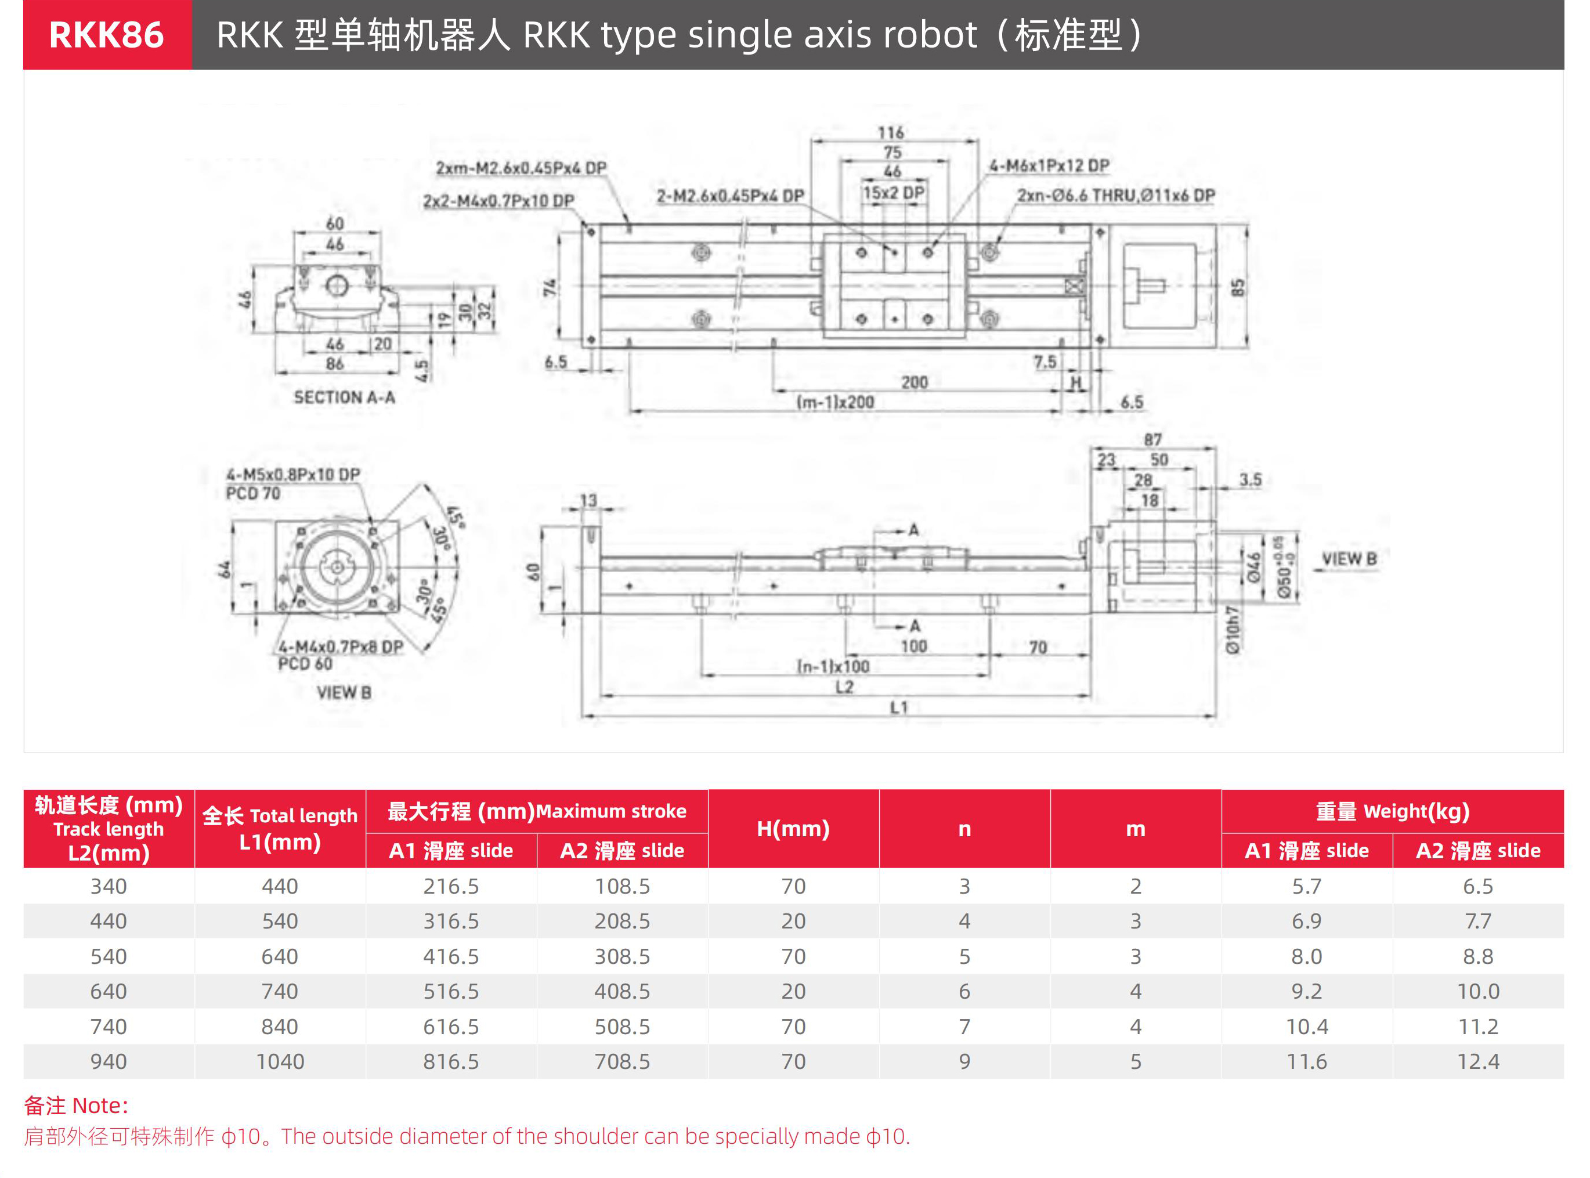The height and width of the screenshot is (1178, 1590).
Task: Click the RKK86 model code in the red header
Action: pyautogui.click(x=106, y=35)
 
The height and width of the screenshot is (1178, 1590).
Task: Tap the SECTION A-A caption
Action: pyautogui.click(x=344, y=397)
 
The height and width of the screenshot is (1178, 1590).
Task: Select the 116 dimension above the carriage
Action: pyautogui.click(x=891, y=133)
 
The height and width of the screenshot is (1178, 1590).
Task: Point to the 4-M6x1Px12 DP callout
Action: pyautogui.click(x=1049, y=165)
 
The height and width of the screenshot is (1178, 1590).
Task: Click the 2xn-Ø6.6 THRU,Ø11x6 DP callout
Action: pyautogui.click(x=1116, y=196)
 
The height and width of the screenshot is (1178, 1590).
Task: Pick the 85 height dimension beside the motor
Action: pyautogui.click(x=1238, y=287)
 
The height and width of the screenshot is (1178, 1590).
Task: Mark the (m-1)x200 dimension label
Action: pyautogui.click(x=835, y=402)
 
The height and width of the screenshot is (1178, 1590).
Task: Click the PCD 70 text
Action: pyautogui.click(x=252, y=493)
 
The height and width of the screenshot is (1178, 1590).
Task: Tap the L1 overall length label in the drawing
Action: pyautogui.click(x=898, y=707)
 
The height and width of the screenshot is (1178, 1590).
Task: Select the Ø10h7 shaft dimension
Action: pyautogui.click(x=1233, y=630)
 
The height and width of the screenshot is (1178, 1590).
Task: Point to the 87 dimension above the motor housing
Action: pyautogui.click(x=1153, y=440)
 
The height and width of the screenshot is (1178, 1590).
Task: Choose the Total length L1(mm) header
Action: pyautogui.click(x=280, y=829)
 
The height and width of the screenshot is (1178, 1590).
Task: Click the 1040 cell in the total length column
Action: pyautogui.click(x=280, y=1062)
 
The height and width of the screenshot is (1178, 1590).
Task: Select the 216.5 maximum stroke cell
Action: pyautogui.click(x=451, y=886)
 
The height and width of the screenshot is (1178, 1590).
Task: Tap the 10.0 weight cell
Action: pyautogui.click(x=1477, y=991)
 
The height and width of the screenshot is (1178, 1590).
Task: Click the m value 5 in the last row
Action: pyautogui.click(x=1135, y=1062)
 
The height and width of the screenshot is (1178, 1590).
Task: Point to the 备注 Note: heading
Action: pyautogui.click(x=76, y=1105)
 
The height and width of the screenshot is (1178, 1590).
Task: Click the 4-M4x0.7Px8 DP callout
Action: pyautogui.click(x=341, y=647)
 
